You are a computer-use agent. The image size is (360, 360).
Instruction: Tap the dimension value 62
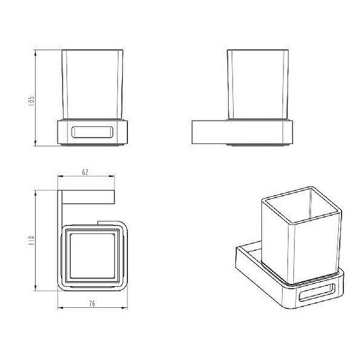[x=85, y=171]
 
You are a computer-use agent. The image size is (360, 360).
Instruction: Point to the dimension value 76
[x=92, y=304]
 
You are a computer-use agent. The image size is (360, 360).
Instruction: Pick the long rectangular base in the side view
[x=243, y=132]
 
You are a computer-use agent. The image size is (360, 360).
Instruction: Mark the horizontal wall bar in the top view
[x=88, y=196]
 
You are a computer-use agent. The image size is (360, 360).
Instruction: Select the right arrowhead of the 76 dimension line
[x=127, y=308]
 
